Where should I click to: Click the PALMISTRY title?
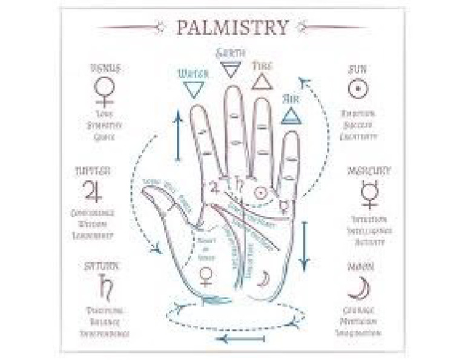(x=232, y=27)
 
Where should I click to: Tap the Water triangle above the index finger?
(x=193, y=90)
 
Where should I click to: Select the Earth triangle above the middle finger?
(x=230, y=70)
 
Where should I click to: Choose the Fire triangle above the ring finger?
(x=262, y=81)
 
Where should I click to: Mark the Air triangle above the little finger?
(x=292, y=115)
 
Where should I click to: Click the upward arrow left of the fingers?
(x=178, y=137)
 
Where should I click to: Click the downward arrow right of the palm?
(x=304, y=245)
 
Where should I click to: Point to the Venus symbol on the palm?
(x=206, y=275)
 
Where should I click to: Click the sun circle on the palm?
(x=260, y=194)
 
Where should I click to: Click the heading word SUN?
(x=357, y=68)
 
